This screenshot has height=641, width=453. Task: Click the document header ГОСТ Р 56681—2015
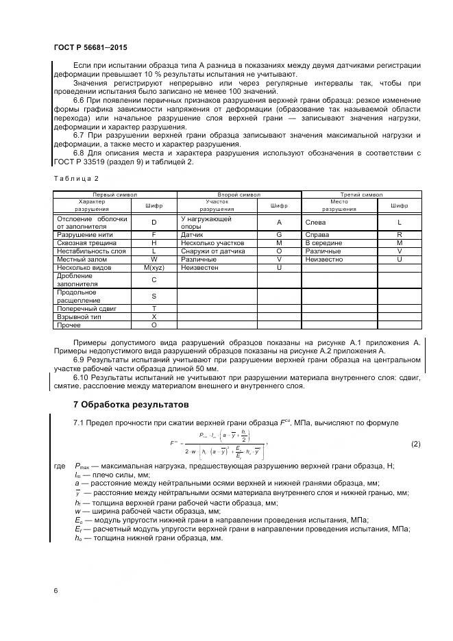coord(90,48)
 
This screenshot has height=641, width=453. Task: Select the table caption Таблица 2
coord(72,179)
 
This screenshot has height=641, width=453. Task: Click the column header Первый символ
coord(115,194)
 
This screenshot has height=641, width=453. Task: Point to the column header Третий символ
coord(361,194)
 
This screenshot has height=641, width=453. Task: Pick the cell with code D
coord(154,222)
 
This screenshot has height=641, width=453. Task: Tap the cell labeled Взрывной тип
coord(77,317)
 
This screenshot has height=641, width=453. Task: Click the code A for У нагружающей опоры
coord(279,222)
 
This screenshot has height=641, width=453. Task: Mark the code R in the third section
coord(399,234)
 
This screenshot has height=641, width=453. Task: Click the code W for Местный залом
coord(154,259)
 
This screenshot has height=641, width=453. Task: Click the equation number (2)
coord(415,444)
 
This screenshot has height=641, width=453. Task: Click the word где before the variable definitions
coord(60,466)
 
